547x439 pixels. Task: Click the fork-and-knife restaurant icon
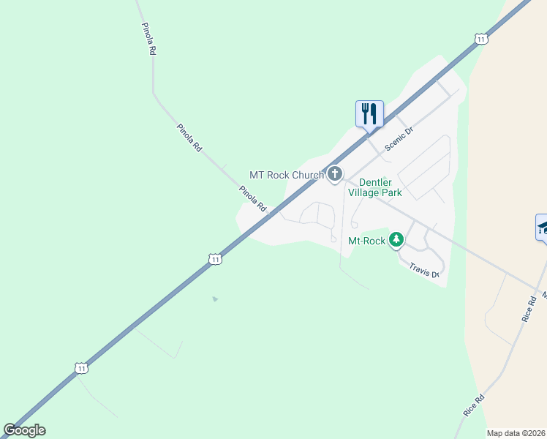[x=369, y=113]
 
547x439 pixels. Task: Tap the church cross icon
[x=335, y=174]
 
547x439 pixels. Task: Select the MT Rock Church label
[x=287, y=175]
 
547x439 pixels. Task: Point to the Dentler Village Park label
[x=375, y=187]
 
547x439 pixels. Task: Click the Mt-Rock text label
[x=366, y=240]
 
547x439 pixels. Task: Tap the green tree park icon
[x=396, y=239]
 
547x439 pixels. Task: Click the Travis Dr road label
[x=424, y=271]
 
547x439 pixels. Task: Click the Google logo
[x=24, y=430]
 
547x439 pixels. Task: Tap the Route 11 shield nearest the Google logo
[x=80, y=367]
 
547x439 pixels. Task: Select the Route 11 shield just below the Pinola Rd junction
[x=214, y=259]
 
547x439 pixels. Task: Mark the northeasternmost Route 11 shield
[x=480, y=39]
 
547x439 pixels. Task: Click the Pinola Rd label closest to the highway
[x=252, y=199]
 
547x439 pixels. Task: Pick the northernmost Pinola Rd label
[x=148, y=39]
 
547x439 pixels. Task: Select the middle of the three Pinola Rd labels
[x=189, y=137]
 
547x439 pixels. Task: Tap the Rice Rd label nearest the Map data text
[x=474, y=405]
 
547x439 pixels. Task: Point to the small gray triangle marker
[x=214, y=299]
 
